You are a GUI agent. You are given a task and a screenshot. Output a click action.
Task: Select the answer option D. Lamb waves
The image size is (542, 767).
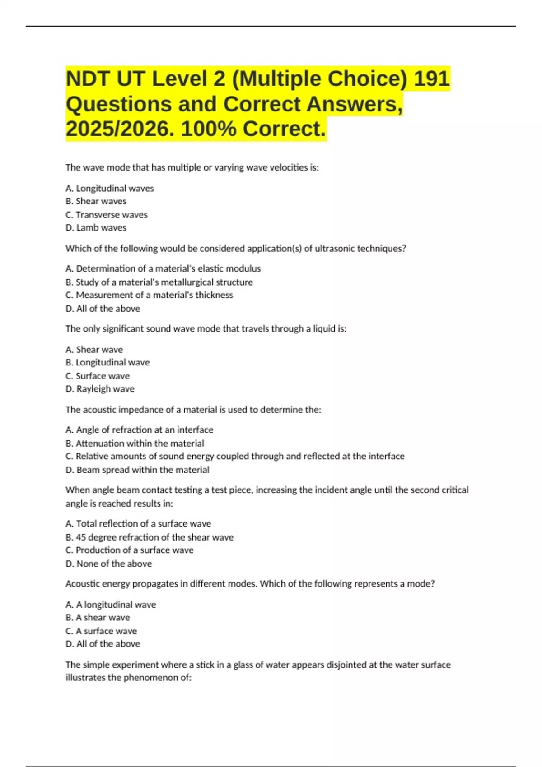pos(96,228)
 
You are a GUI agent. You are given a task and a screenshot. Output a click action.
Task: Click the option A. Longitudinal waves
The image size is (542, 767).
pos(110,188)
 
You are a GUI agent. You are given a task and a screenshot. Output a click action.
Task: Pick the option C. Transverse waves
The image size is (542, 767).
pos(107,215)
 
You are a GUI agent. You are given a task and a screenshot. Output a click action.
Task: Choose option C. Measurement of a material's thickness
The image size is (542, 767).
pos(150,295)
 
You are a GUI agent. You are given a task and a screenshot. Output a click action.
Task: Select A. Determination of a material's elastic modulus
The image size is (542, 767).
pos(163,268)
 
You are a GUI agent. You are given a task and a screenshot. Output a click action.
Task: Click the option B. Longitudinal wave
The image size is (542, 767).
pos(107,362)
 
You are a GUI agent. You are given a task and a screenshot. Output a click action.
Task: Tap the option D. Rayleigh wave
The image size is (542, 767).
pos(100,389)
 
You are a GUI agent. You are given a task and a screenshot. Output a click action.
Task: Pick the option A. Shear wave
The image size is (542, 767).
pos(94,349)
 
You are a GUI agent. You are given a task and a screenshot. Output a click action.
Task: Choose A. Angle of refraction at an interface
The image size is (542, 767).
pos(139,430)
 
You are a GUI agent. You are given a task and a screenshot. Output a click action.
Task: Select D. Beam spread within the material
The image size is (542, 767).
pos(137,470)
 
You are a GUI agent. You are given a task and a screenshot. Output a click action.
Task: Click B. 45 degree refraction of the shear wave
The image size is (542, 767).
pos(150,537)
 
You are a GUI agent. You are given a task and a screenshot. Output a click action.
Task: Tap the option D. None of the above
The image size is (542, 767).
pos(108,564)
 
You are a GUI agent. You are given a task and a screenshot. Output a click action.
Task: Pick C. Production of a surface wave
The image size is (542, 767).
pos(130,550)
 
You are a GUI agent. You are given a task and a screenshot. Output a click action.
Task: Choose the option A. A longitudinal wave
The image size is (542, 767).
pos(111,604)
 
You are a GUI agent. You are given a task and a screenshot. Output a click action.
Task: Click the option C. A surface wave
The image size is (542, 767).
pos(101,631)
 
